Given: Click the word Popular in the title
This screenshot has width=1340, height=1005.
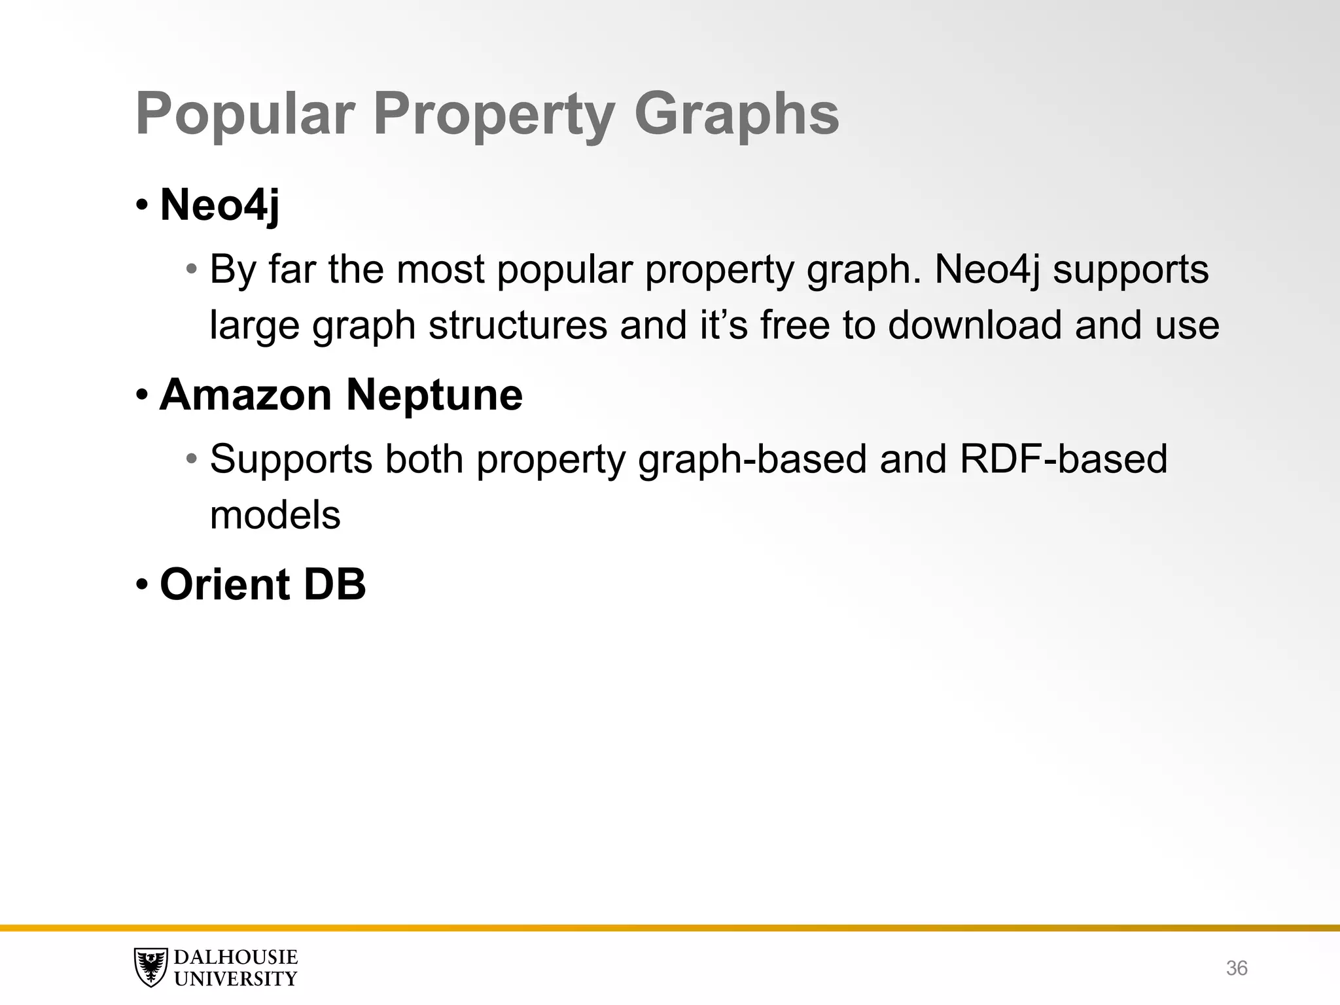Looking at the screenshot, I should click(245, 115).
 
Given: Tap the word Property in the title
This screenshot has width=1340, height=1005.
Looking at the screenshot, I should click(494, 115).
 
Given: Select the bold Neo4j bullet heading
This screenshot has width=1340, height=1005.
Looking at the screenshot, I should click(220, 205).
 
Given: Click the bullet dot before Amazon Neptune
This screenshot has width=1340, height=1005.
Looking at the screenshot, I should click(142, 395).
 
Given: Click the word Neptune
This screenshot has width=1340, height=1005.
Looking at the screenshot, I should click(434, 395).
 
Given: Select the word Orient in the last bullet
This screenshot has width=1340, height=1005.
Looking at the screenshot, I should click(225, 584).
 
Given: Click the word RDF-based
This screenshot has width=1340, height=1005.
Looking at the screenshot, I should click(1063, 459).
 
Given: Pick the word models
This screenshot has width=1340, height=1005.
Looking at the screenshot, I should click(275, 515).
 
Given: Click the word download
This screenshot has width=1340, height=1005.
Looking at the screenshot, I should click(974, 325).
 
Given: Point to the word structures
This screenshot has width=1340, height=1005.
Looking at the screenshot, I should click(518, 325).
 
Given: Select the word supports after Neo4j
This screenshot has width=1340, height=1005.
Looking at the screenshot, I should click(1130, 269).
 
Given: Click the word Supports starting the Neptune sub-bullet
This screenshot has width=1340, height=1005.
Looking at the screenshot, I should click(291, 459).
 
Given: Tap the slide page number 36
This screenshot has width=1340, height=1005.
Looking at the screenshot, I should click(1236, 968).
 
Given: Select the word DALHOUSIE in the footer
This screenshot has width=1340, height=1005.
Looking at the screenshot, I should click(236, 957).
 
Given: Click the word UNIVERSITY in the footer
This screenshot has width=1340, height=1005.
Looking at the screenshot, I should click(236, 979).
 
